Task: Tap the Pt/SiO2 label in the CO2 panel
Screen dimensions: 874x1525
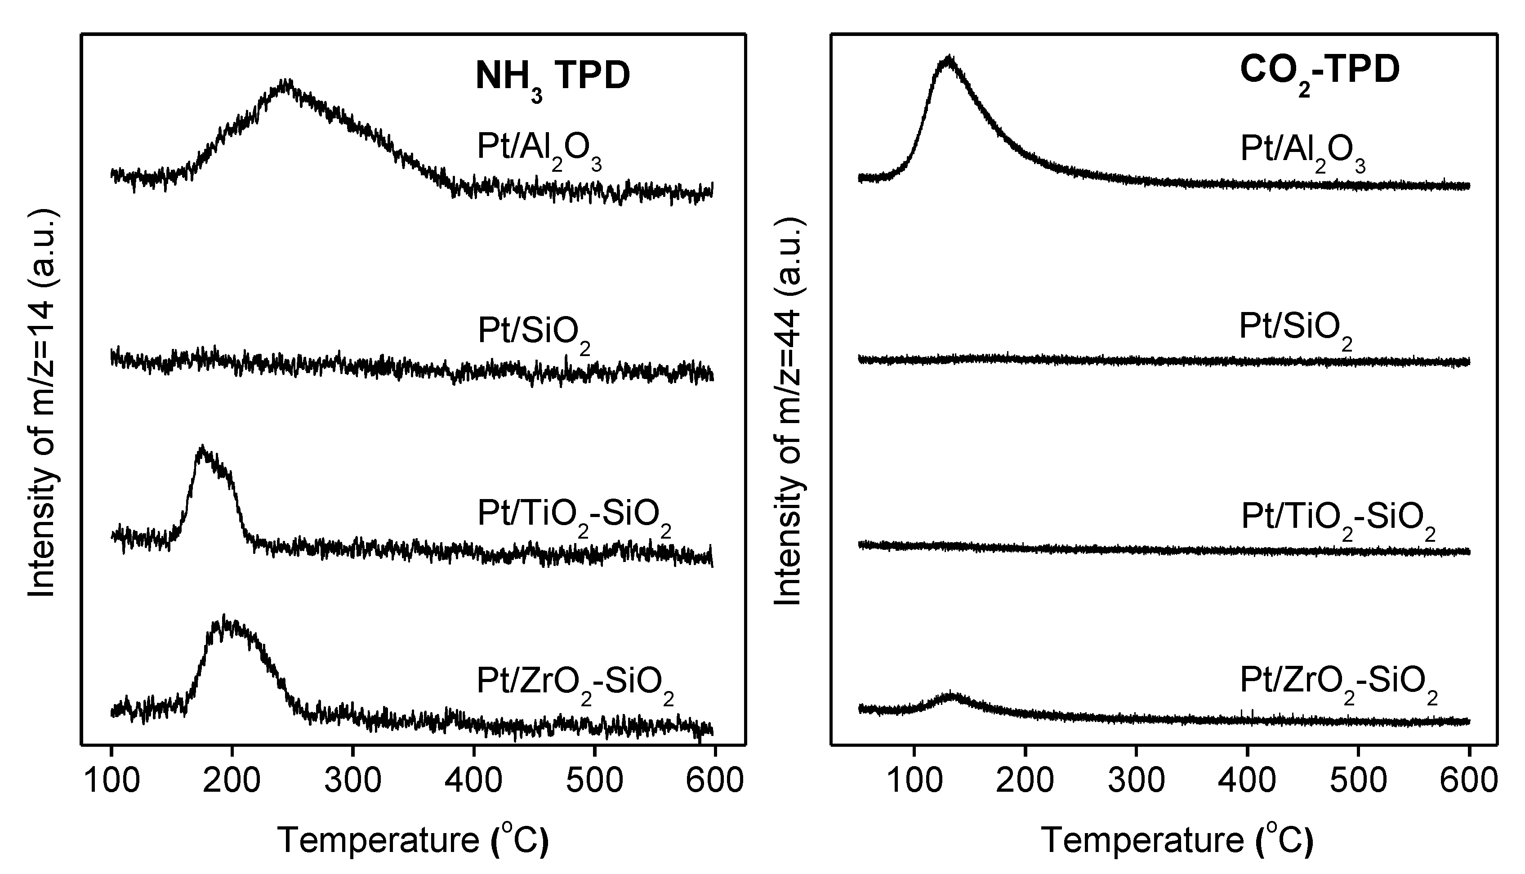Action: tap(1294, 330)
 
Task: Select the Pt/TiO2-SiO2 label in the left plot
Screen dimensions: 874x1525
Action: tap(574, 516)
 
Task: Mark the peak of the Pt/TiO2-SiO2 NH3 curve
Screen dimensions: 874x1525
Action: tap(203, 449)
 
